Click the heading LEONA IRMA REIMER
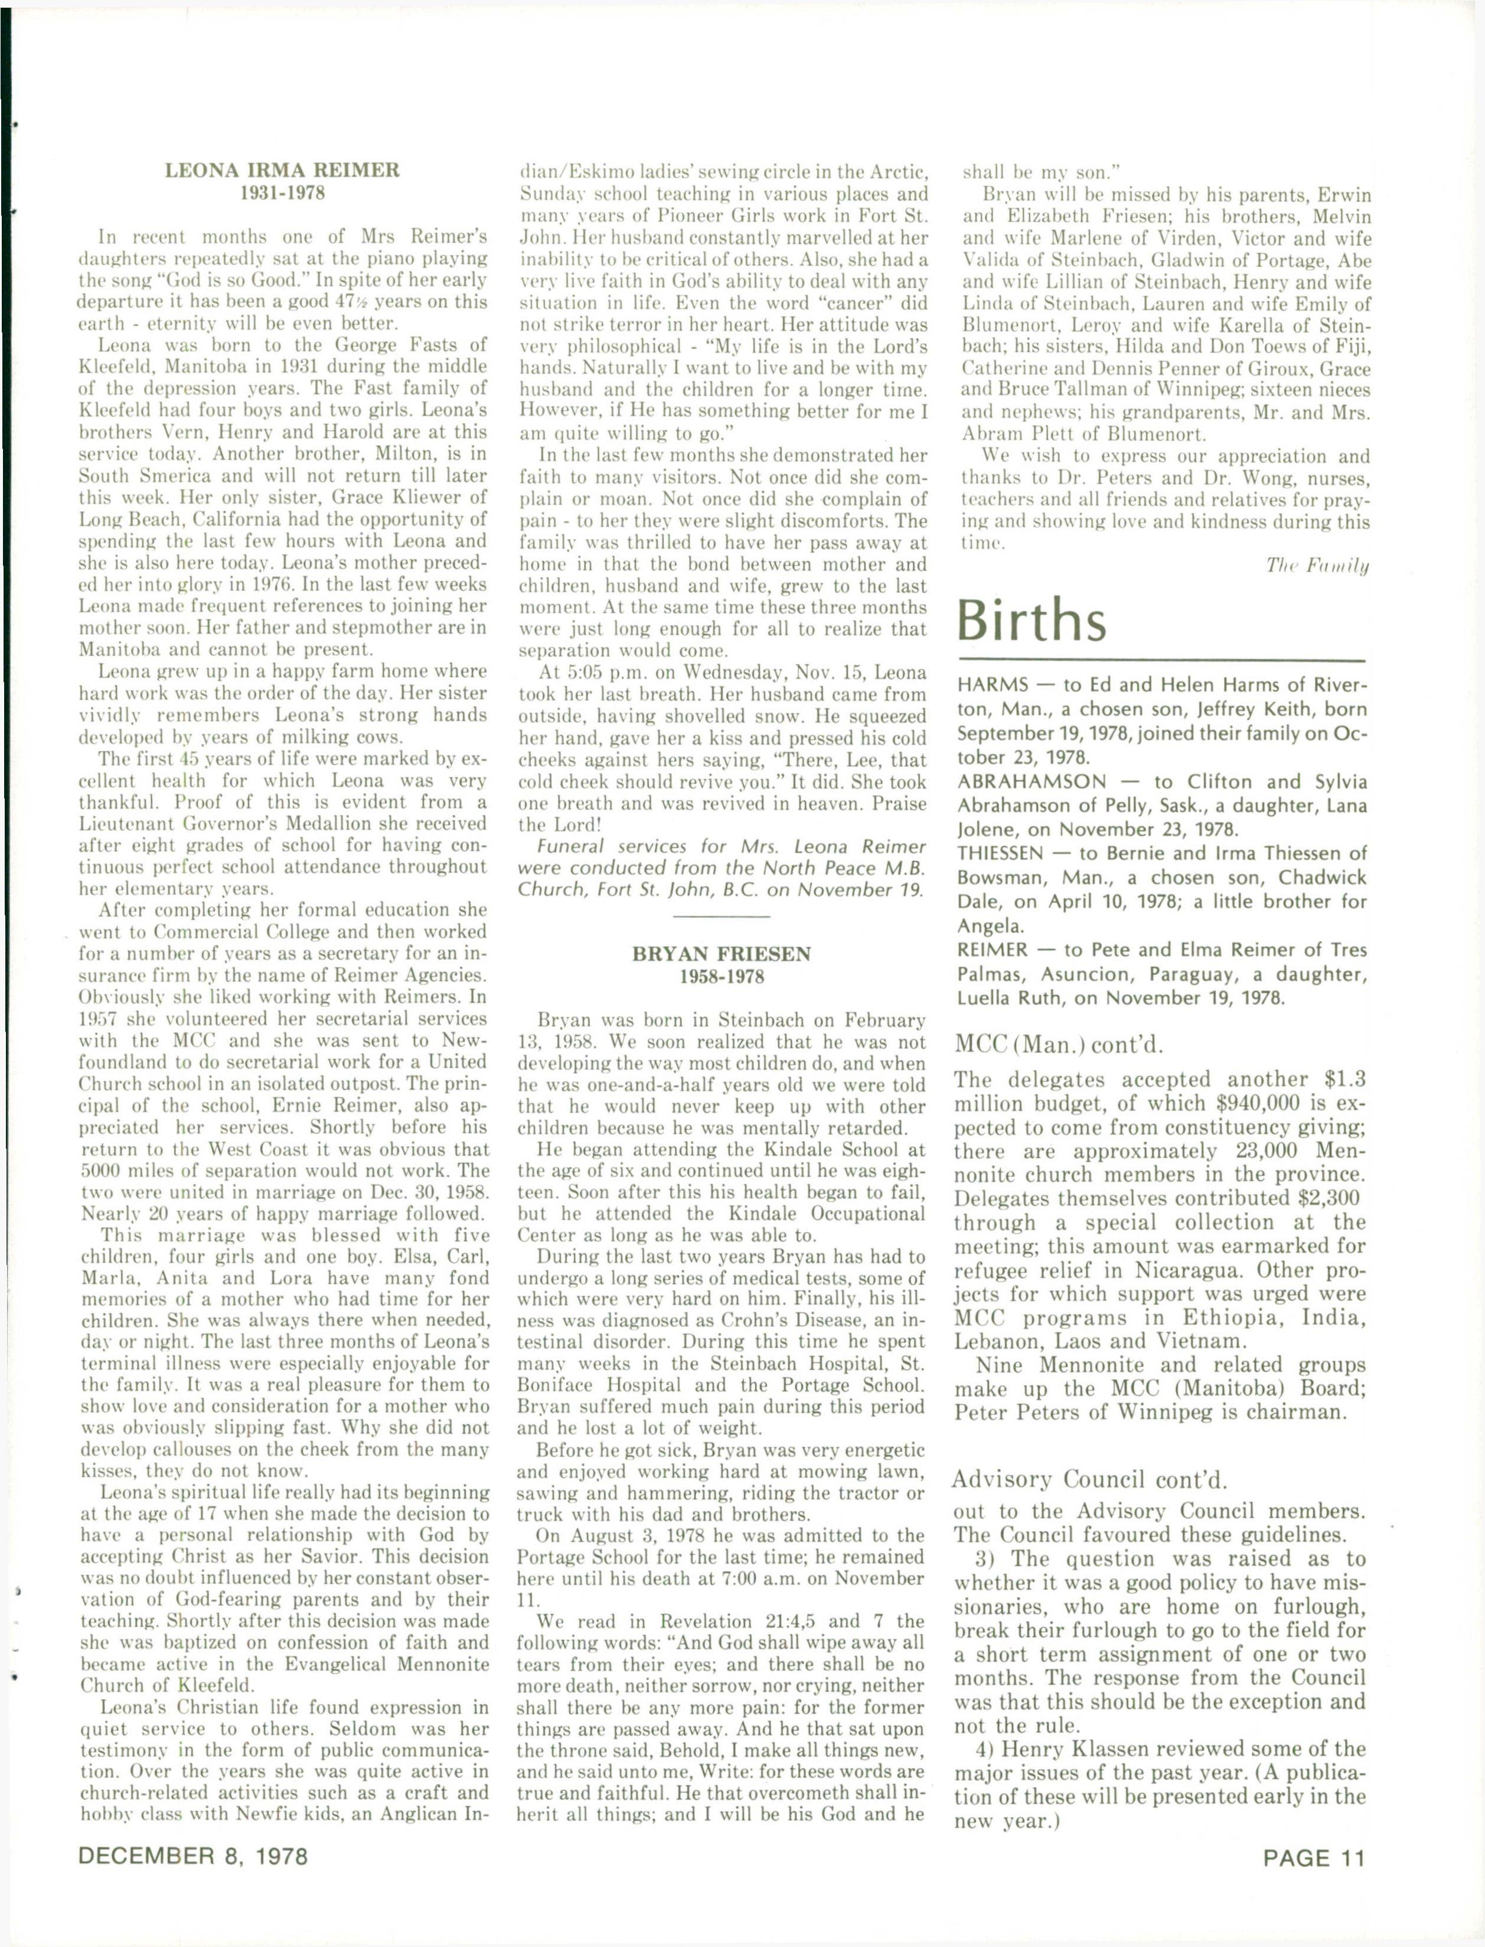click(283, 169)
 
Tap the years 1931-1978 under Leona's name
click(283, 192)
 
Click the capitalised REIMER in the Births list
click(993, 950)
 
